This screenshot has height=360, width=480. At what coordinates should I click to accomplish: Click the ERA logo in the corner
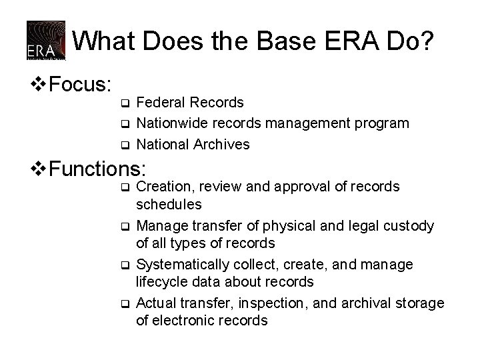46,41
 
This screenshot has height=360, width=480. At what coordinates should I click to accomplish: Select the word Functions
97,167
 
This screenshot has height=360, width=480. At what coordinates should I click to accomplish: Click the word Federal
159,103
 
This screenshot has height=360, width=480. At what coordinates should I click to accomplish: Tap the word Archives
223,144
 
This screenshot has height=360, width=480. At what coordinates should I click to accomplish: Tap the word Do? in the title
414,41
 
